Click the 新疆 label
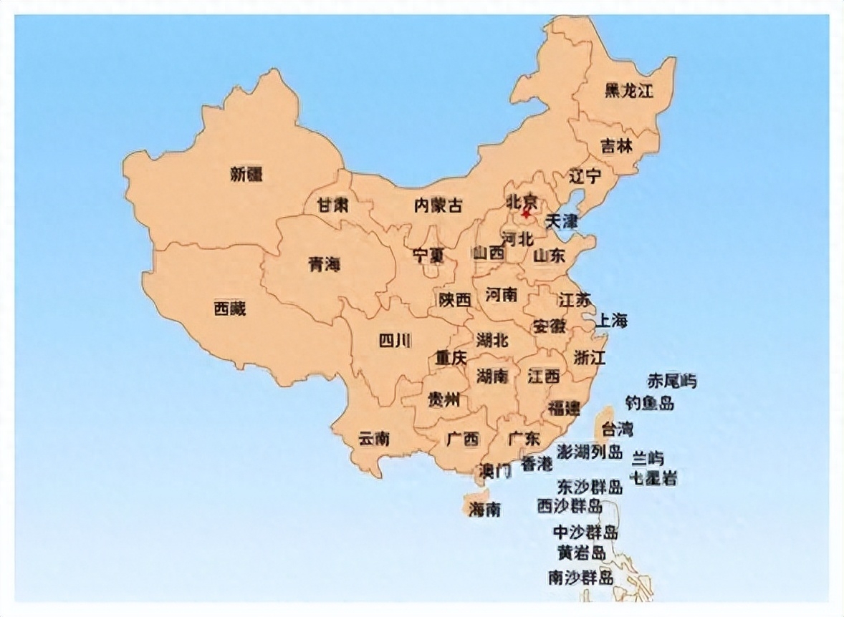246,174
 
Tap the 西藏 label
229,308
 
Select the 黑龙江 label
628,90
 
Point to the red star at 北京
527,213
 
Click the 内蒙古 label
438,206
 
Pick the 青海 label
324,264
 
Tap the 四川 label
395,341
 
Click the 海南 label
484,509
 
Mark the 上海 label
612,320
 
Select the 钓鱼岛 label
649,403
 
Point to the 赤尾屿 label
671,381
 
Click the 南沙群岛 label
580,577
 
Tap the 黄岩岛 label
582,553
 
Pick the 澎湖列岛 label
590,452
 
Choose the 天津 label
561,221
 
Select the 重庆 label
451,356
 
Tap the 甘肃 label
332,205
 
